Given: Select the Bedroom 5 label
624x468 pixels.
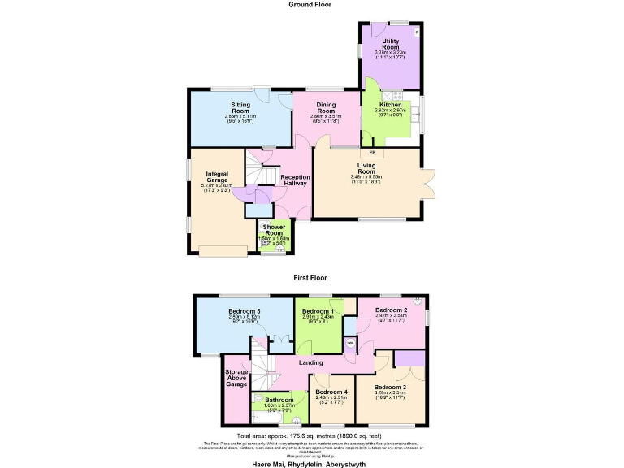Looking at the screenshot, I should [245, 312].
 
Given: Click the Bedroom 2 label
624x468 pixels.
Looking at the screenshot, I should [392, 310].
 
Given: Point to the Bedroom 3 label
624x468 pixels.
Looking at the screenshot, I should [392, 387].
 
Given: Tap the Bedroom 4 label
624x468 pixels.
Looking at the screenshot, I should [331, 392].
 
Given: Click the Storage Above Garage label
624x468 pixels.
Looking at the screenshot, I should [236, 378].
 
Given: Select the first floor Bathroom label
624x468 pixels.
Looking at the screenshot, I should [279, 400].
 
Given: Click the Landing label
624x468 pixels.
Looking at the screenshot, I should [311, 362].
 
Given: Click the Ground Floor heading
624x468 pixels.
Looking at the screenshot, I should [310, 5].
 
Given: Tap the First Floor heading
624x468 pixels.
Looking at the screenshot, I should [310, 277].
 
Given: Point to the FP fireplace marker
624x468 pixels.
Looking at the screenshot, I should [372, 153].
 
